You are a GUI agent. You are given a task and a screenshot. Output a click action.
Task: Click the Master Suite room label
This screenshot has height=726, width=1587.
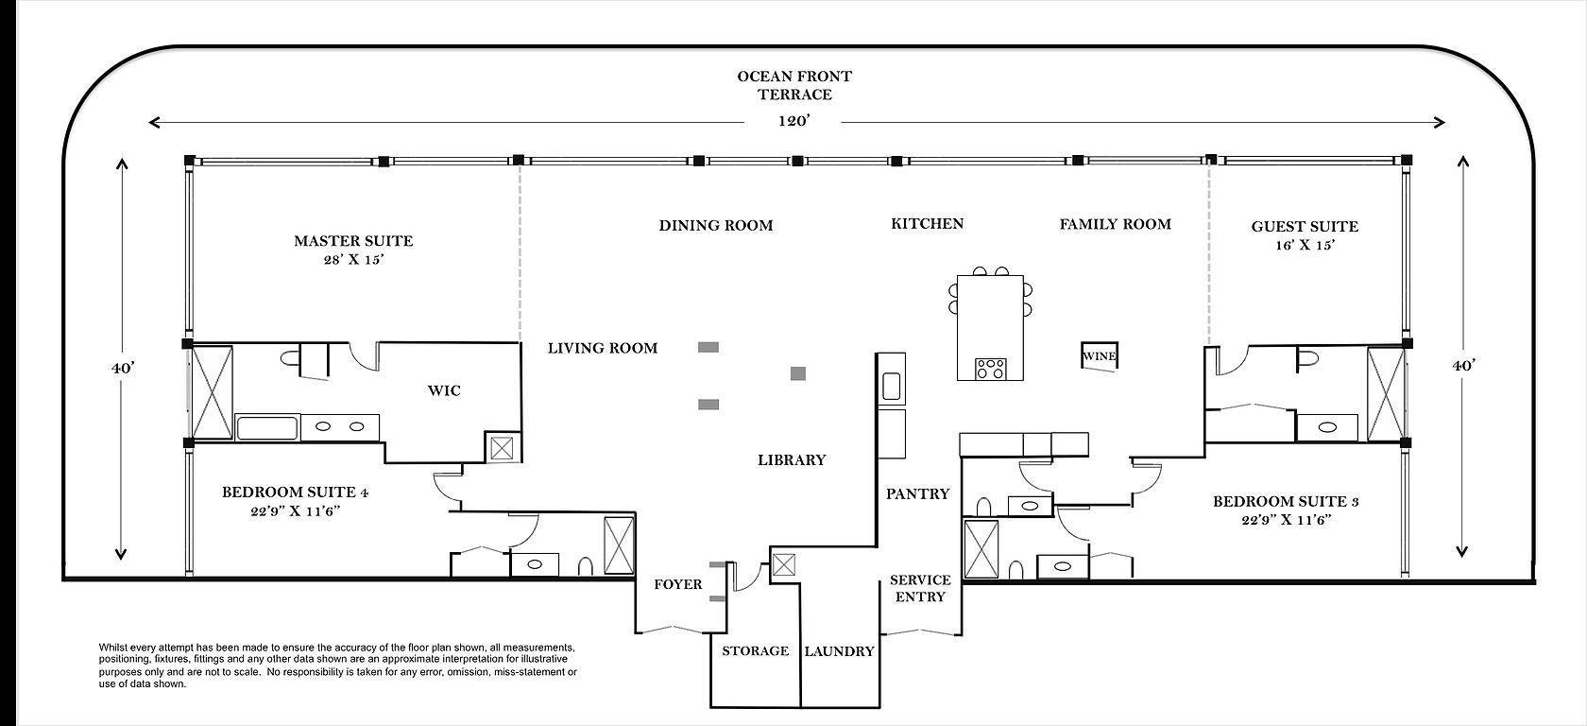[x=353, y=241]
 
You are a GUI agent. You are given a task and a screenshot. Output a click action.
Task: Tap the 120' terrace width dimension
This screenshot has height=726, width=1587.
[x=793, y=121]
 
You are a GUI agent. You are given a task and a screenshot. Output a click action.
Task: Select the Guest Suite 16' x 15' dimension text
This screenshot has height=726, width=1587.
[x=1305, y=246]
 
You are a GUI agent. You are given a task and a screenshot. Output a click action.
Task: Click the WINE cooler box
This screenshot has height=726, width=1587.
[x=1099, y=355]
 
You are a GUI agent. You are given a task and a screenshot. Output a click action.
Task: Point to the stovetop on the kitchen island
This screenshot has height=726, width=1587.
[x=990, y=369]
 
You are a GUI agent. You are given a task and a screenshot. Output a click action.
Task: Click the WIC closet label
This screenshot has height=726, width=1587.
[x=444, y=390]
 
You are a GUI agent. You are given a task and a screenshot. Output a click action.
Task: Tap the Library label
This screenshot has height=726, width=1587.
[x=792, y=460]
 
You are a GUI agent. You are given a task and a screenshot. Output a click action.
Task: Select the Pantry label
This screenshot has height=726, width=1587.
[x=917, y=494]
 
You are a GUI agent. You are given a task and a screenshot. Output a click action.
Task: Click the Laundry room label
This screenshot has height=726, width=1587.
[x=840, y=651]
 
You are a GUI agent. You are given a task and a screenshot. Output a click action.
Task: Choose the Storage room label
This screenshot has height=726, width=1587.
[x=756, y=650]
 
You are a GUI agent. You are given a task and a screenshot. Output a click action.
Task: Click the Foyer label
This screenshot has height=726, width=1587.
[x=678, y=584]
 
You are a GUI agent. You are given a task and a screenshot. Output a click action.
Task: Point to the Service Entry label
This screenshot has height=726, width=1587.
[x=920, y=588]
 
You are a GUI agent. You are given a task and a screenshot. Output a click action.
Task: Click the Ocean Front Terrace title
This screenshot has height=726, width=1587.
[x=795, y=85]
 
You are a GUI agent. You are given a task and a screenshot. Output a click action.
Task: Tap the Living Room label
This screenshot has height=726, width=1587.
[x=603, y=348]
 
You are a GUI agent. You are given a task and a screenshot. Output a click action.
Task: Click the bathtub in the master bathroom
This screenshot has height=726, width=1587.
[x=268, y=428]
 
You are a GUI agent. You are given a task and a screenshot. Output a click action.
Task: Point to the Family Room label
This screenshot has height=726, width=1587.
[x=1115, y=225]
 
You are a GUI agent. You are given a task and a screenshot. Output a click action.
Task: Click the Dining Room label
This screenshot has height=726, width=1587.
[x=716, y=225]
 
